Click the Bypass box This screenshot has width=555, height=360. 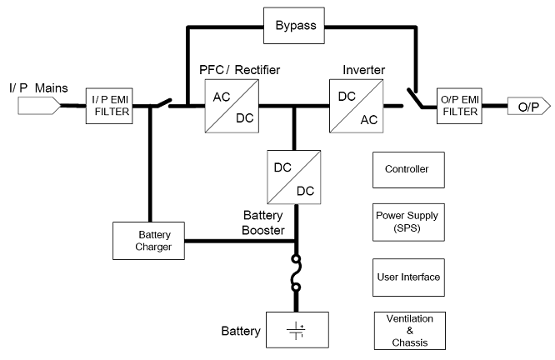pos(297,25)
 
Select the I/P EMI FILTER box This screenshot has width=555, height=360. pos(109,106)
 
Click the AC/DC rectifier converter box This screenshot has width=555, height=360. pos(231,106)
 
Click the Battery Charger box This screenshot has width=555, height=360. pos(147,240)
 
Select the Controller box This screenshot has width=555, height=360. pos(407,170)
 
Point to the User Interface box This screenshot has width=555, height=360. pos(407,275)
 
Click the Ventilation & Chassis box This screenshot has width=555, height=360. pos(407,330)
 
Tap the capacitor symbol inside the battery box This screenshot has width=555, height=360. pos(297,331)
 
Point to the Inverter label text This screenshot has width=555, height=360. pos(363,67)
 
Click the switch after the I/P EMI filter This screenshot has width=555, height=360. pos(163,104)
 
